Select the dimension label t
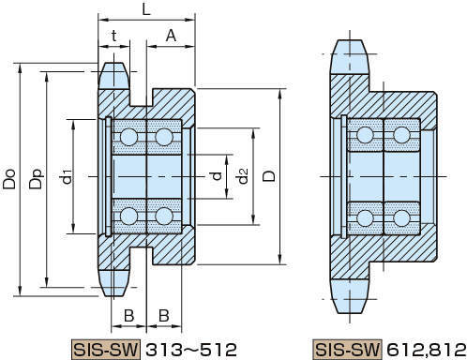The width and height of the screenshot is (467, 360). tap(114, 36)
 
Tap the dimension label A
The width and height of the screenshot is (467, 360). tap(171, 36)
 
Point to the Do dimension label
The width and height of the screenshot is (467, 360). tap(9, 179)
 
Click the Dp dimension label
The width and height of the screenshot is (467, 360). tap(36, 179)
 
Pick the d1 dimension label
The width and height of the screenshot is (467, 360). tap(67, 176)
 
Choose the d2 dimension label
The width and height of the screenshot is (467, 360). tap(242, 175)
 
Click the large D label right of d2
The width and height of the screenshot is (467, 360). tap(269, 176)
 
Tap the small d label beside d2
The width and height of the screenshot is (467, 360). tap(217, 176)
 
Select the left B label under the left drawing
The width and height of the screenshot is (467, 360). tap(128, 316)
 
